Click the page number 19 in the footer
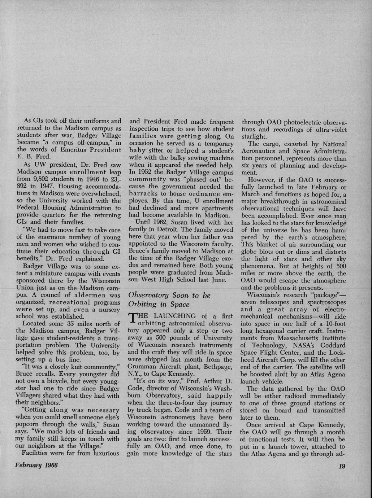point(342,466)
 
